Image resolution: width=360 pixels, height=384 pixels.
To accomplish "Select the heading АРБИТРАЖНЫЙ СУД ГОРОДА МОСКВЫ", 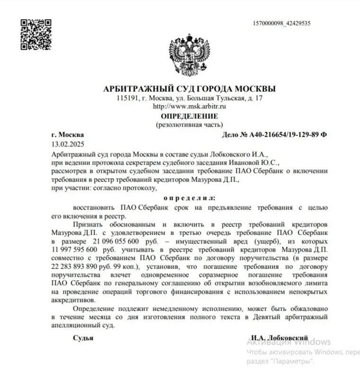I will click(189, 89).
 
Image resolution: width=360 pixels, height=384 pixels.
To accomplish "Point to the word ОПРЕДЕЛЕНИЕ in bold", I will click(189, 116).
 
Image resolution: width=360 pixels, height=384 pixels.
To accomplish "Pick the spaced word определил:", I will click(189, 197).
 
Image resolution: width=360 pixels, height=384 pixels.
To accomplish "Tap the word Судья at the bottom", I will click(83, 338).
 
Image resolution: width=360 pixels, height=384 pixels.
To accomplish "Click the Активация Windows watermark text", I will click(289, 342).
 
